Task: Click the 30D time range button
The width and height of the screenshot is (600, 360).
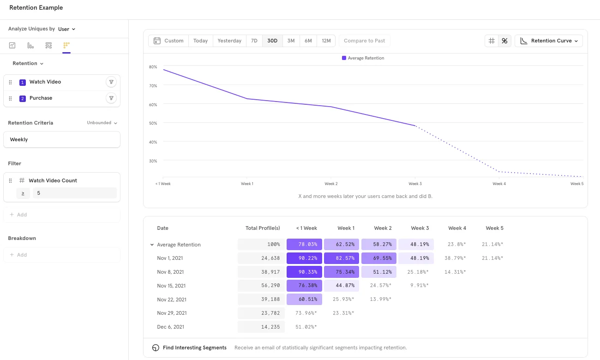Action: point(272,41)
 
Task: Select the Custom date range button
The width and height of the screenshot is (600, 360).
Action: point(168,41)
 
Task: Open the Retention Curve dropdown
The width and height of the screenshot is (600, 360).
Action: point(549,41)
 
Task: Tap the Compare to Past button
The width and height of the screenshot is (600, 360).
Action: point(364,41)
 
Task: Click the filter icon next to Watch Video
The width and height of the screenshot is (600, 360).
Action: point(111,82)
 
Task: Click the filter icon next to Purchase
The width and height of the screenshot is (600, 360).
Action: point(111,98)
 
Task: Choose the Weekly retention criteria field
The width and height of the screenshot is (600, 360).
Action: point(62,139)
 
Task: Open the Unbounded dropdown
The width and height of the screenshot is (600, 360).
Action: point(102,123)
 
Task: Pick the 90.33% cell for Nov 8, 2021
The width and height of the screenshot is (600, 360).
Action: point(304,272)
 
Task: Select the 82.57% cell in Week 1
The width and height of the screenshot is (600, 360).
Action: point(342,258)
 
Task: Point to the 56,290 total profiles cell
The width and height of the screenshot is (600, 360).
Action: point(261,286)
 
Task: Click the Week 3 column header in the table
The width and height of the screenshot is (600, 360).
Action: point(420,228)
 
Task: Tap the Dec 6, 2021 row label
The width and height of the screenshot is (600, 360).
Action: point(170,327)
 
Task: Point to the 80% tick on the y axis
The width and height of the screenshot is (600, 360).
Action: point(153,67)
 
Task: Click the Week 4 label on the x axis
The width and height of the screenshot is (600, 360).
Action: point(499,184)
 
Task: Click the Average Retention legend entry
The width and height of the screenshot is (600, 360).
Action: point(363,58)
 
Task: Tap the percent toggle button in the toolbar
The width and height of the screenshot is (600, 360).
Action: point(504,41)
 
